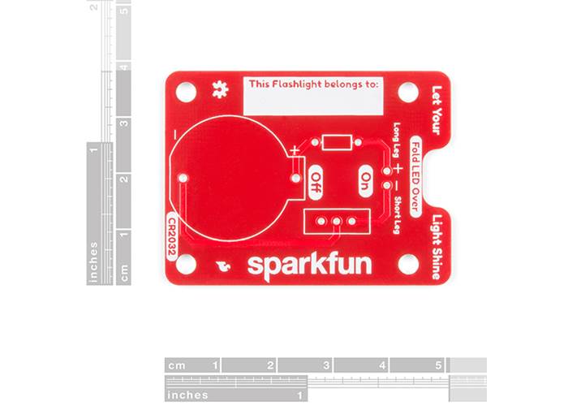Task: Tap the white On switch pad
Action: coord(367,179)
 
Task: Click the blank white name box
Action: coord(313,101)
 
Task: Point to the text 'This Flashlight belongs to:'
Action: coord(313,83)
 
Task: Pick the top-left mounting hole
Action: coord(186,92)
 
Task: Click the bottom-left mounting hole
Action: coord(186,264)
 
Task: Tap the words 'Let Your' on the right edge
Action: coord(437,110)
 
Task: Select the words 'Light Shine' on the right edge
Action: coord(437,247)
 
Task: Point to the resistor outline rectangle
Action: coord(337,143)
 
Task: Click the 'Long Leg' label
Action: coord(397,140)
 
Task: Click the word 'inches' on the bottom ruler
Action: coord(187,395)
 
